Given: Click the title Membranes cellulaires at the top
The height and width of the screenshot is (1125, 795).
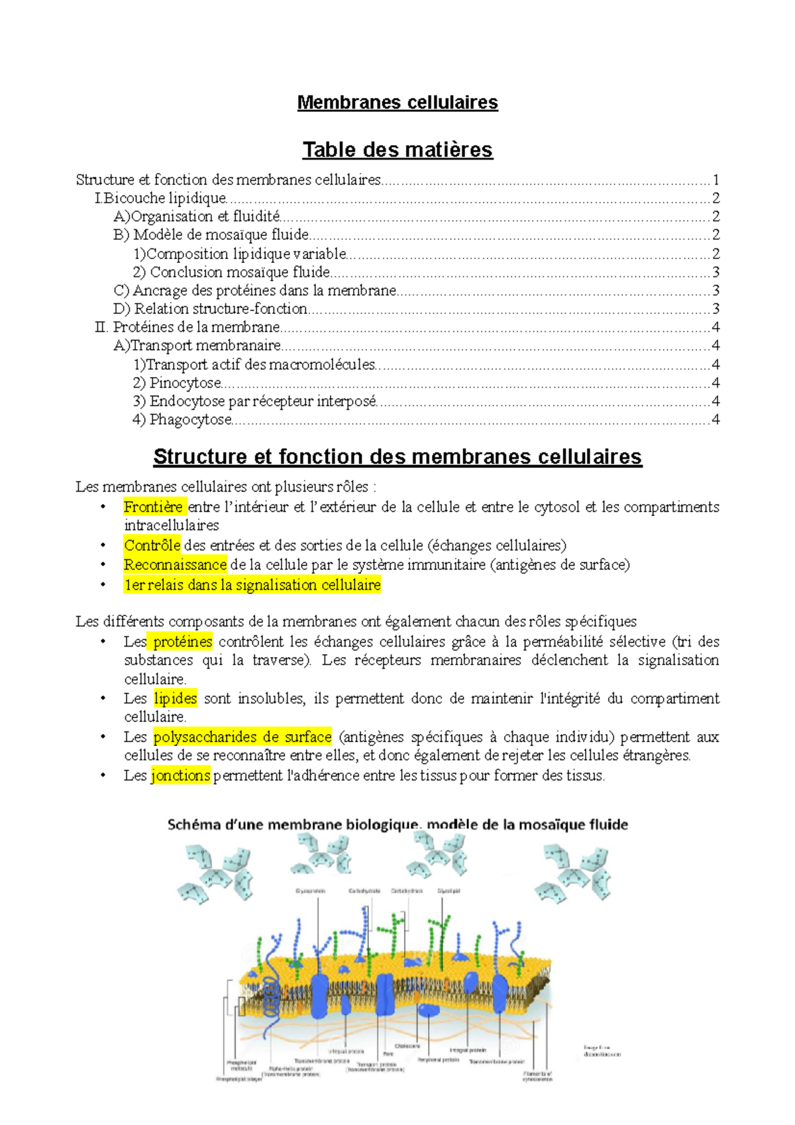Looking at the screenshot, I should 397,103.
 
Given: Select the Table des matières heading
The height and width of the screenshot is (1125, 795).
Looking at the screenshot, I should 397,150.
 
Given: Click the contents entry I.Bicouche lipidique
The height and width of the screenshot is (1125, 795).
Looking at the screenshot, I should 161,198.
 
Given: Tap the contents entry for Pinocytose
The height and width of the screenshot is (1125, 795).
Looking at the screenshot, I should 177,383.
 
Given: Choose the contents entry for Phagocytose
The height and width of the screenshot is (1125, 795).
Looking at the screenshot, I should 182,419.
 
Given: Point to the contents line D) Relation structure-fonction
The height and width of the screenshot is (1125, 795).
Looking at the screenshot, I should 211,309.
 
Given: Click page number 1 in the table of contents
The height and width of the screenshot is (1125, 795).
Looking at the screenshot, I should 715,180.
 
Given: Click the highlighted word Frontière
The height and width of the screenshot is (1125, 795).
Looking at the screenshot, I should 153,508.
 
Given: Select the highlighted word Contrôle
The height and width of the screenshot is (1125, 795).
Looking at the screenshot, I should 152,546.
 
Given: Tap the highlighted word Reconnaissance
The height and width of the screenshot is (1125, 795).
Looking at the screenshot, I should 175,565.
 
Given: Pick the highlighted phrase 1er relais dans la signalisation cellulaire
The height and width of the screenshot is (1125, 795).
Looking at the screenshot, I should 252,585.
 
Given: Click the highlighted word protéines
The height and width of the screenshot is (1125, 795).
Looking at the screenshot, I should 182,642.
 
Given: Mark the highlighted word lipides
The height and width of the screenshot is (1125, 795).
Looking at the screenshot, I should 175,698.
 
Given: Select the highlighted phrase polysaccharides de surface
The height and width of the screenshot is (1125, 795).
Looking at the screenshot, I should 242,737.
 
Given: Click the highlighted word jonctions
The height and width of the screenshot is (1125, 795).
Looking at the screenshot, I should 180,775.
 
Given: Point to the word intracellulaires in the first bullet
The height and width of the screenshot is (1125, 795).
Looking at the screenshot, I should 171,526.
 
